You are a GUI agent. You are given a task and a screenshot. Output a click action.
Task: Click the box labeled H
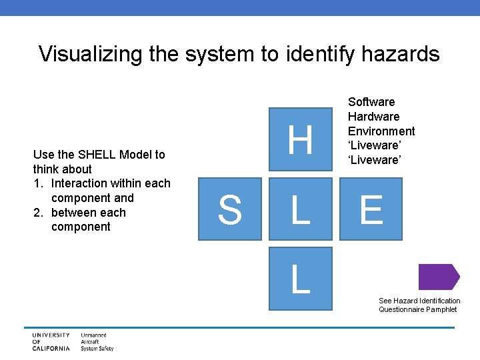(300, 141)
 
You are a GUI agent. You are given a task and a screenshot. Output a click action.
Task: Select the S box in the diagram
(229, 209)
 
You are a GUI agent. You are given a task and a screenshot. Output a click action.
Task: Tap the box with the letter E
(371, 209)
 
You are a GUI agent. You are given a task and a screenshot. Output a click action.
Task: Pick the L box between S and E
(300, 209)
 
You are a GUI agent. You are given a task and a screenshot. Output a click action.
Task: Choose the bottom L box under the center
(300, 278)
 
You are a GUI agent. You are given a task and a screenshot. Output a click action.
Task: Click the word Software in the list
(371, 102)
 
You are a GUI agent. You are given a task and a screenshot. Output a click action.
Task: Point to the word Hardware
(373, 117)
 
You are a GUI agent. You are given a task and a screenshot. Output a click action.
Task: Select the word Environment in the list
(381, 131)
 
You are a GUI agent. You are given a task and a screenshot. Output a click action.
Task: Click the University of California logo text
(51, 341)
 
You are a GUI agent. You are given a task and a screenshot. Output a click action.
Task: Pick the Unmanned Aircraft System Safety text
(97, 341)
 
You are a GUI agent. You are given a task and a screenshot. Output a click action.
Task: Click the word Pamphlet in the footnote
(444, 309)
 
